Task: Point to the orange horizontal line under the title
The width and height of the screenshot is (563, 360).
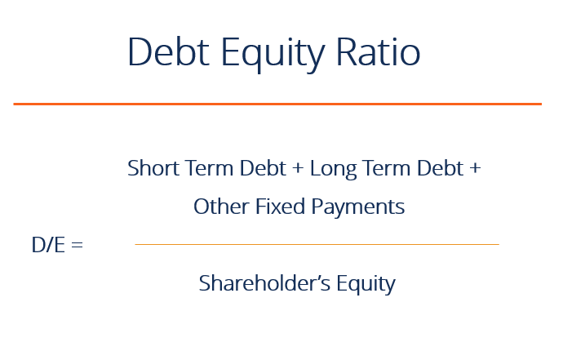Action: (277, 104)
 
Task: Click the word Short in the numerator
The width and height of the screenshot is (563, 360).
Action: (149, 168)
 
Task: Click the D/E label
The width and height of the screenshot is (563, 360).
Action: (47, 244)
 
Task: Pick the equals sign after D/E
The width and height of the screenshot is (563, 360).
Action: (77, 245)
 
